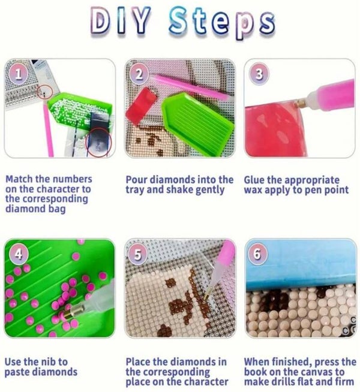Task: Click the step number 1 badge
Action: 18,74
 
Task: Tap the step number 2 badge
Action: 139,74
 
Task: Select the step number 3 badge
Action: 259,74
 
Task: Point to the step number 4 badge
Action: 19,254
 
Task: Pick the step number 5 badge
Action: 137,254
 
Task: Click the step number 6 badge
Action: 257,254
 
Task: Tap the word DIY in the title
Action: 121,20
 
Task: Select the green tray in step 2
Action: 197,123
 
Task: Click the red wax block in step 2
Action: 142,103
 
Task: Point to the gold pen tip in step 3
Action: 301,102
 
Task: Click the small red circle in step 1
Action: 45,92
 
